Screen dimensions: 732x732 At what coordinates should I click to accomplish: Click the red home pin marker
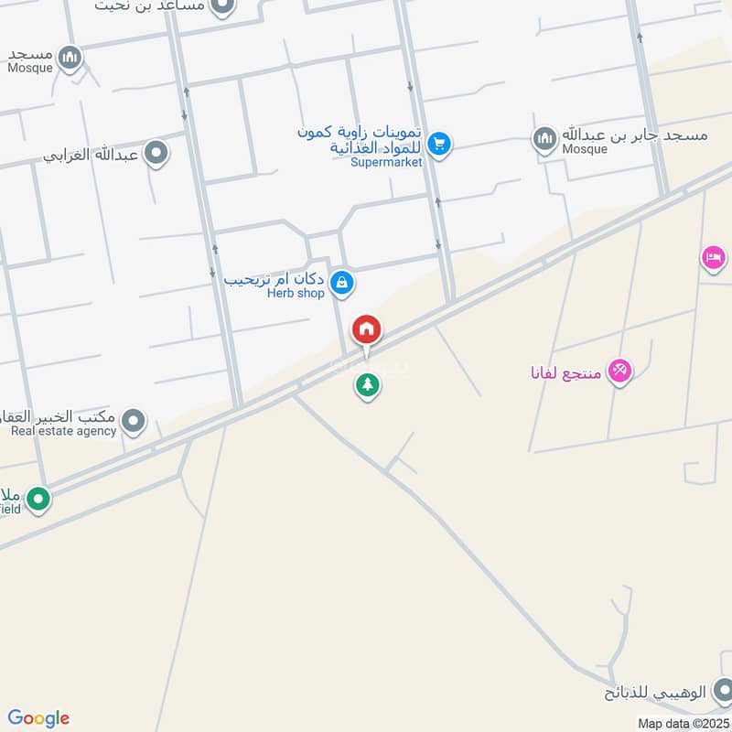pos(367,329)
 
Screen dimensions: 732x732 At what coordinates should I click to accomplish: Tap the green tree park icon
pos(367,386)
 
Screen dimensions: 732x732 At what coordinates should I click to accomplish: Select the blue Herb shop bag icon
pos(341,283)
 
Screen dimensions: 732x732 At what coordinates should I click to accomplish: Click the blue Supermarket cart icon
pos(439,144)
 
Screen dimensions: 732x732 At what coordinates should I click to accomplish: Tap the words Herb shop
pos(296,294)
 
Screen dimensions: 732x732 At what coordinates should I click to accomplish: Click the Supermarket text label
pos(385,162)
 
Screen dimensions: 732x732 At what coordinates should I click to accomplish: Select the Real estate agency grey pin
pos(135,422)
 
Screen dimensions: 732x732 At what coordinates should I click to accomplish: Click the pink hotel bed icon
pos(715,258)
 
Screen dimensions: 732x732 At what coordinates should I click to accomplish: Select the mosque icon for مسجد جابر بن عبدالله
pos(545,139)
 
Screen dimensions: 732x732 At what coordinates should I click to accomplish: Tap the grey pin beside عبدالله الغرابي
pos(156,154)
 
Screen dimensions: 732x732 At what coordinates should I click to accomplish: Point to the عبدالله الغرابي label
pos(91,155)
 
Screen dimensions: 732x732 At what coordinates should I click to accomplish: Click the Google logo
pos(38,718)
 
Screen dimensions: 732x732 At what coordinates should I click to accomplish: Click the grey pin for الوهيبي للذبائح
pos(722,689)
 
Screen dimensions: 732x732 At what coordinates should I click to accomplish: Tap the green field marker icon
pos(38,500)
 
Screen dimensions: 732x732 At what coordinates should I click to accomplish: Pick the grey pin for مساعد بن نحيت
pos(221,7)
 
